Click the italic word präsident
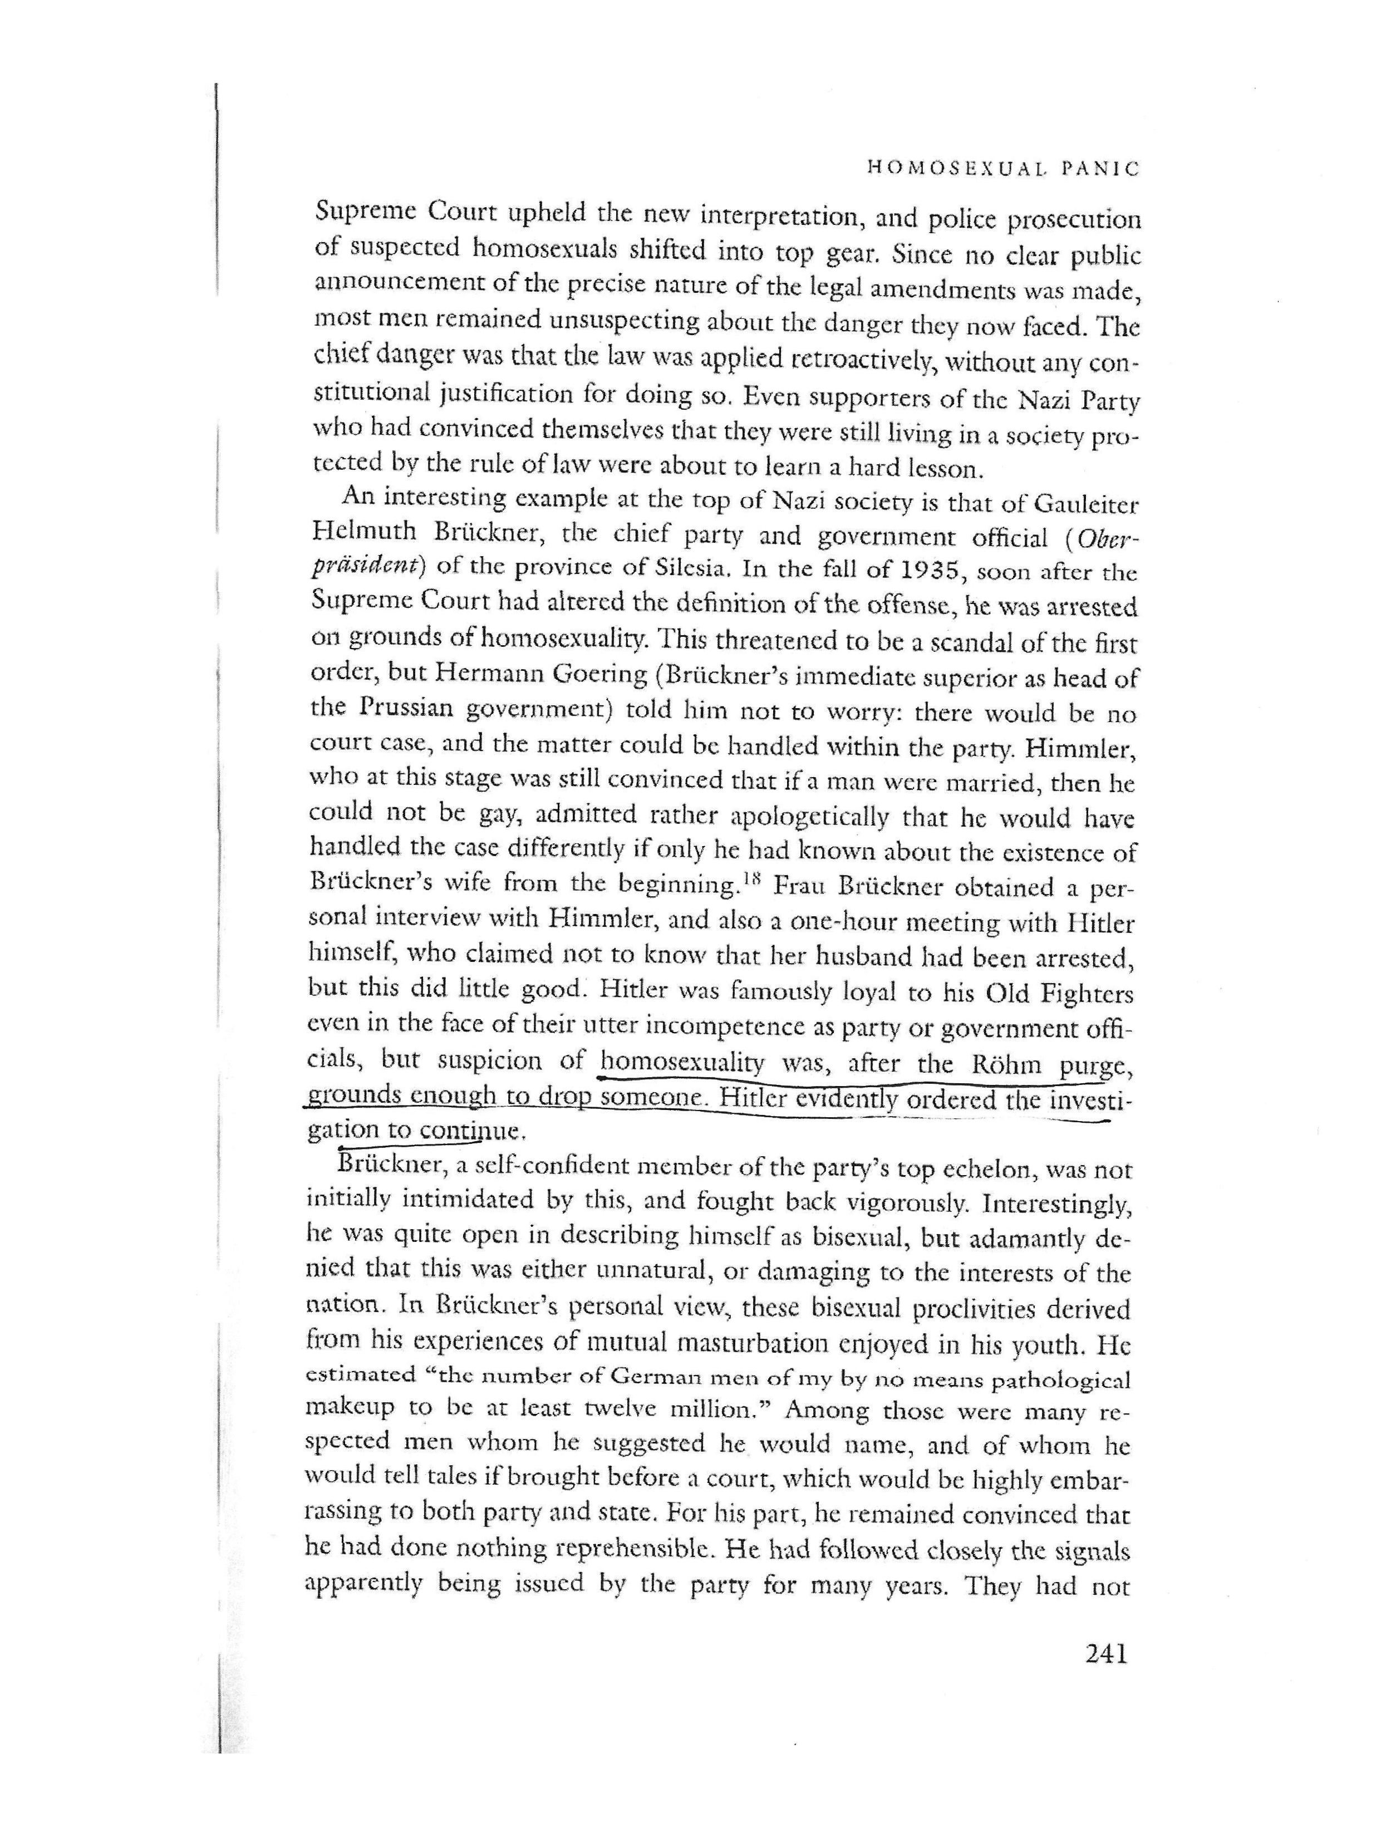pos(368,573)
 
